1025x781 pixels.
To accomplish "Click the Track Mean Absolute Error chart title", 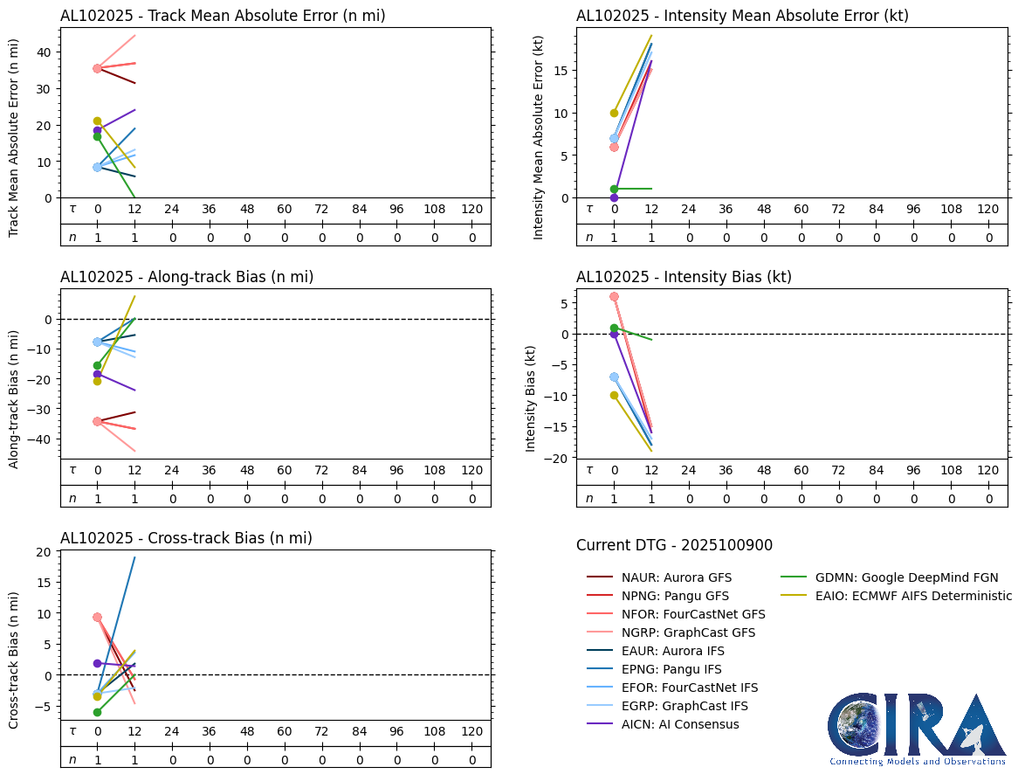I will [x=223, y=16].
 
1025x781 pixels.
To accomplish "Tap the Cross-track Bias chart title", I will [x=186, y=538].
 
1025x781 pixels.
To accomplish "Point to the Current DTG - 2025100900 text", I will [x=674, y=545].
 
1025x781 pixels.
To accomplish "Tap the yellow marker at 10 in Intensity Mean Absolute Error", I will [x=614, y=113].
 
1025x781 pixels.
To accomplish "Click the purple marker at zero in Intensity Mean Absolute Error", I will [x=614, y=197].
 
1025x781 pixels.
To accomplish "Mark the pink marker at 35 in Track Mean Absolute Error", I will [x=97, y=68].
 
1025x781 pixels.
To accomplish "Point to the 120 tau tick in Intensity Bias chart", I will [x=987, y=470].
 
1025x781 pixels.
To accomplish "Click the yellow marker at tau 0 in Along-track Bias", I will [x=97, y=381].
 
